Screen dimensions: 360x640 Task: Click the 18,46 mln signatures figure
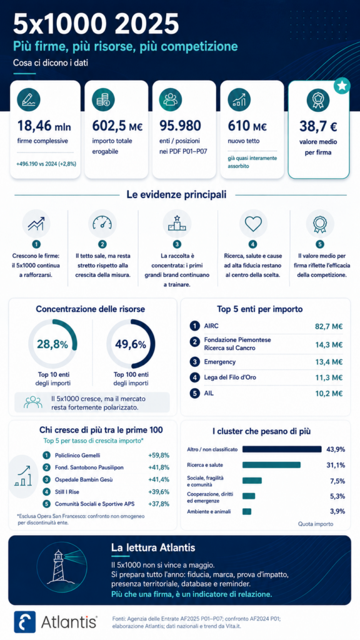tap(44, 127)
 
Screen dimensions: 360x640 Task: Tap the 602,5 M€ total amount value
tap(117, 127)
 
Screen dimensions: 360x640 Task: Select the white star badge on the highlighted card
tap(342, 86)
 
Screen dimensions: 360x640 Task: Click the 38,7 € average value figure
tap(318, 127)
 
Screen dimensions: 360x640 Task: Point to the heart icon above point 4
tap(252, 224)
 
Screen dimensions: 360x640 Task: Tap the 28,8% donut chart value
tap(52, 344)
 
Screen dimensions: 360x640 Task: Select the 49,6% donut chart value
tap(131, 344)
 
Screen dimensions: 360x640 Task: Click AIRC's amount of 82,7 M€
tap(329, 326)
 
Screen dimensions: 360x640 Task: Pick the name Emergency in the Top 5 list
tap(220, 362)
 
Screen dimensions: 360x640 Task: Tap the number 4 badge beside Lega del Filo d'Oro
tap(195, 377)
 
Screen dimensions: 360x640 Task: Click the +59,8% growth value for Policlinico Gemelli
tap(158, 455)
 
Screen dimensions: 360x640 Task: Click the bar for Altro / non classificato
tap(282, 449)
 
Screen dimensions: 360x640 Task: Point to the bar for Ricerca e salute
tap(271, 465)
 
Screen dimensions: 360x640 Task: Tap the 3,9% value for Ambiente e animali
tap(337, 511)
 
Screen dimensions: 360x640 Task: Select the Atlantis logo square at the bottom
tap(25, 622)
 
